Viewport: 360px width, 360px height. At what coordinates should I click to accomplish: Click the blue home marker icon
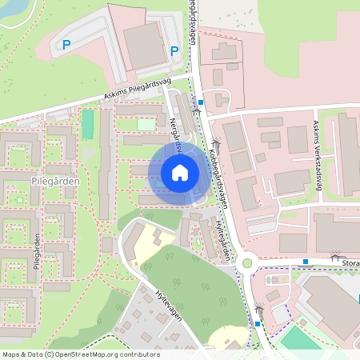[180, 172]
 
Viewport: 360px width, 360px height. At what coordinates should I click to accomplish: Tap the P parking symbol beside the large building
[174, 50]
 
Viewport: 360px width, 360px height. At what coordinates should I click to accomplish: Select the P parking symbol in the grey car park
[67, 45]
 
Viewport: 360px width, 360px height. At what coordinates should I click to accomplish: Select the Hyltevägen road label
[169, 304]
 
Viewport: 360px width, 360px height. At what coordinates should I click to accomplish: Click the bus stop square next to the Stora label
[306, 262]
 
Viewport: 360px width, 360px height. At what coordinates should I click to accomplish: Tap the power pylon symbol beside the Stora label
[334, 255]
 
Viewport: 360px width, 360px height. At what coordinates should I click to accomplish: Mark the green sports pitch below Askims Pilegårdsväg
[87, 124]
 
